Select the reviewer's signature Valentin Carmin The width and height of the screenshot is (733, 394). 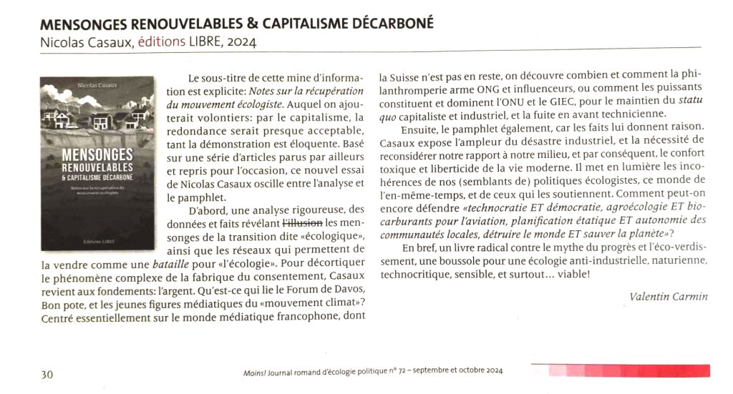[x=658, y=296]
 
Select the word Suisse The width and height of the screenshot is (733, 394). [x=412, y=75]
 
